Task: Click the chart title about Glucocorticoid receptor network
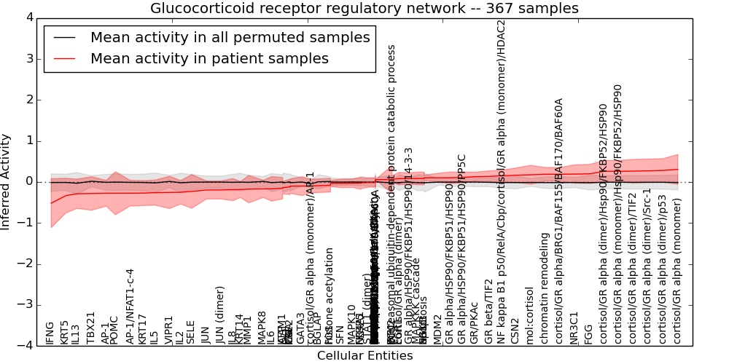pos(364,8)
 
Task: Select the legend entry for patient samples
pos(209,59)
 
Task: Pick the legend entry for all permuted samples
pos(230,38)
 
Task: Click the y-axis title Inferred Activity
pos(6,181)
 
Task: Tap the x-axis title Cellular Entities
pos(364,356)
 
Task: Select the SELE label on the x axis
pos(191,332)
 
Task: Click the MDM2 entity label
pos(438,330)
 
